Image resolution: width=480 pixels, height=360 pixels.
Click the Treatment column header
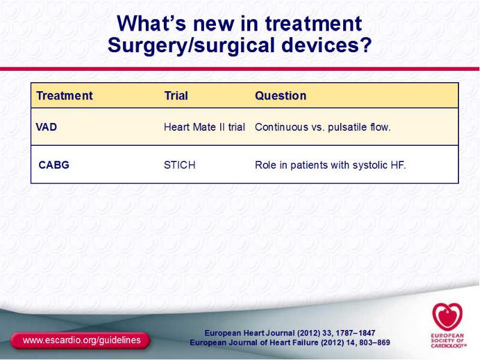tap(64, 95)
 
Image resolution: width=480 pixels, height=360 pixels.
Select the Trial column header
tap(176, 95)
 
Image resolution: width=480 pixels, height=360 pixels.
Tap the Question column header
tap(280, 96)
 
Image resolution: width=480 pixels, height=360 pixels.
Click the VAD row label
tap(46, 127)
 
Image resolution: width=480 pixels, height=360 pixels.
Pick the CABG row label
tap(54, 165)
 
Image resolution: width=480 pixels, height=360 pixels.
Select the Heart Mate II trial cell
tap(205, 127)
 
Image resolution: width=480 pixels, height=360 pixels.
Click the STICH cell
tap(179, 165)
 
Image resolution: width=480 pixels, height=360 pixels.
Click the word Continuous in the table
tap(281, 127)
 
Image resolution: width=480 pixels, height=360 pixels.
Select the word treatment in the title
tap(313, 23)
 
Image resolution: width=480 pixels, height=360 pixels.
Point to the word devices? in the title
tap(326, 45)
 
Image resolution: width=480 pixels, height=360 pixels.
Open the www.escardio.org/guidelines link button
tap(81, 340)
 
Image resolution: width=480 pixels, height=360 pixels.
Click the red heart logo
tap(447, 317)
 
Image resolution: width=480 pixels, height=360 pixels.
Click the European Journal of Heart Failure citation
tap(290, 342)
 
